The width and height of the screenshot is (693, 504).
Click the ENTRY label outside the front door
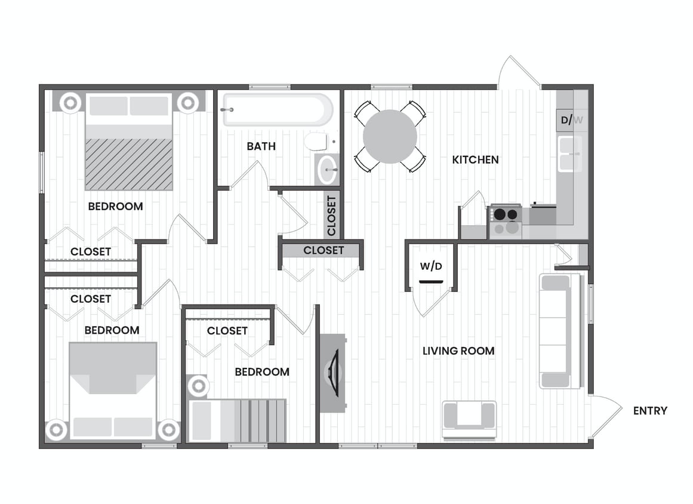pos(650,411)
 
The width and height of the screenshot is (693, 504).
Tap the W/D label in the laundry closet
pos(431,266)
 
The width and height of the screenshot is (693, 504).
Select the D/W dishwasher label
pos(571,121)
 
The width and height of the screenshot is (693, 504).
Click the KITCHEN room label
pos(475,160)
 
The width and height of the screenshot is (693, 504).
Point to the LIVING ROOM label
pos(458,351)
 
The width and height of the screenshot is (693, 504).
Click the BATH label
pos(261,146)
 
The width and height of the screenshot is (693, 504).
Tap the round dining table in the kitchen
pos(390,137)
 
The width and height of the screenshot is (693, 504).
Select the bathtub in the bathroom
pos(277,110)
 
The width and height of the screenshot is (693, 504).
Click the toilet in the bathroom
pos(316,142)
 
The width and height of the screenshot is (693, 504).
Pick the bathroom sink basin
pos(327,170)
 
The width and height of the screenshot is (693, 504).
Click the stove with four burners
pos(506,221)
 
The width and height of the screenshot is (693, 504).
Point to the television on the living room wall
pos(334,373)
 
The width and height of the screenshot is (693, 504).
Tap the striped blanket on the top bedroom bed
pos(129,164)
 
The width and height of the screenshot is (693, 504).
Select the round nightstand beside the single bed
pos(198,386)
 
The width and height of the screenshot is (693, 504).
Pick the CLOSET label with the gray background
pos(324,250)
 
